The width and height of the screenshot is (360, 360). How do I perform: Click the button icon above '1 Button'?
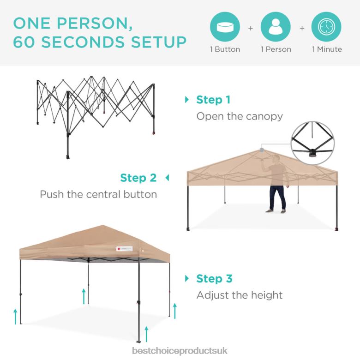(x=225, y=28)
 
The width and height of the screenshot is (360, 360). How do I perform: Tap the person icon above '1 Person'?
(x=276, y=28)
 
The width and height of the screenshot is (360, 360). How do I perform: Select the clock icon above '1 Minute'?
(x=326, y=28)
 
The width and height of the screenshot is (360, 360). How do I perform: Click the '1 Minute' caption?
(x=327, y=49)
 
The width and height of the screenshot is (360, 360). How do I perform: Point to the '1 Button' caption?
(x=225, y=49)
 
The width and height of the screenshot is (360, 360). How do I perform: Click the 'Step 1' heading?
(x=213, y=100)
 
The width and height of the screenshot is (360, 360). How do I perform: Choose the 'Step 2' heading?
(x=138, y=178)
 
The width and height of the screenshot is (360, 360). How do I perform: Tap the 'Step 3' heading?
(x=214, y=279)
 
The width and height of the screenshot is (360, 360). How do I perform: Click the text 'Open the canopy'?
(x=240, y=116)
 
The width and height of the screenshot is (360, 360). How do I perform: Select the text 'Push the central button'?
(x=98, y=194)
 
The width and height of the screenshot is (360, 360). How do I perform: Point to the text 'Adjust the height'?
(x=240, y=295)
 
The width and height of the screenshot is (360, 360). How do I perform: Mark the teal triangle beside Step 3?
(x=187, y=279)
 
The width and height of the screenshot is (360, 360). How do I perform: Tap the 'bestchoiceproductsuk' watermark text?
(x=180, y=351)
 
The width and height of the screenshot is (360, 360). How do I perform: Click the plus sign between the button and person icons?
(x=251, y=28)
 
